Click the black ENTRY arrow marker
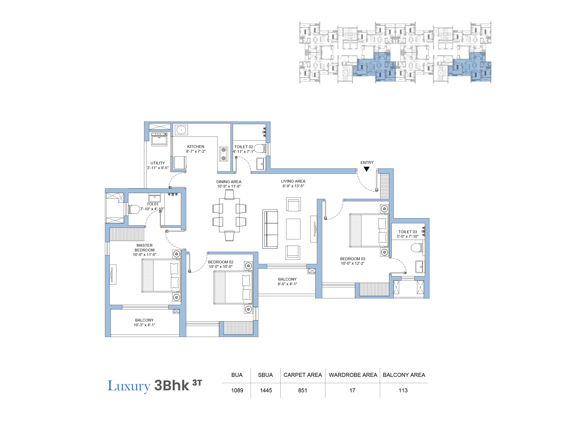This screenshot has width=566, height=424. tap(366, 169)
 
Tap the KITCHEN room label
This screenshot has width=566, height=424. tap(195, 146)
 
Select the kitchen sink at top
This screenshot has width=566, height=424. tap(181, 130)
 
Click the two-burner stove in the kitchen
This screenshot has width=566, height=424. tap(223, 154)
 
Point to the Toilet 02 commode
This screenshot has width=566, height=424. tap(260, 148)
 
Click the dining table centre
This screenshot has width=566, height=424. tap(229, 215)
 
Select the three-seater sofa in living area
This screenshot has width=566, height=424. tap(270, 229)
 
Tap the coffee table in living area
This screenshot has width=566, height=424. tap(293, 229)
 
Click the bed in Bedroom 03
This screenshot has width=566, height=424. tap(369, 230)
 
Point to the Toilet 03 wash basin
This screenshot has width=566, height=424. tap(420, 267)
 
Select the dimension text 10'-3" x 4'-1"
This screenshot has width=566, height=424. tap(144, 325)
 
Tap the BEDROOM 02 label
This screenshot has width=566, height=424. tap(221, 262)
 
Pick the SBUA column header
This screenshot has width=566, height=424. tap(265, 375)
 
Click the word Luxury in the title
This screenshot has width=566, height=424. tap(129, 386)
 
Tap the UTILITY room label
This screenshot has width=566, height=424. tap(158, 163)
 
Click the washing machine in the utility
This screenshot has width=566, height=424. tap(159, 139)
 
